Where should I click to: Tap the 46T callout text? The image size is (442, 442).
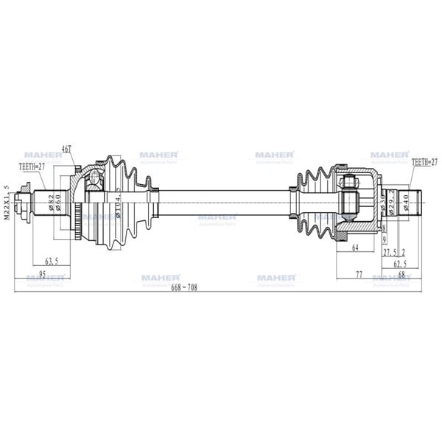tap(66, 150)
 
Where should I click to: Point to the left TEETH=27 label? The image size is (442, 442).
tap(31, 167)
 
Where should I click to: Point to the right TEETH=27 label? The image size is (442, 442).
tap(424, 161)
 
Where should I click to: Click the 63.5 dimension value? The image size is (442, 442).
tap(51, 261)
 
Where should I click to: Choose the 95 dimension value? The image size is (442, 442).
tap(42, 274)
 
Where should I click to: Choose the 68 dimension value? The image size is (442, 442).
tap(401, 274)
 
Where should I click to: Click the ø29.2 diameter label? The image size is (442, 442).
tap(393, 202)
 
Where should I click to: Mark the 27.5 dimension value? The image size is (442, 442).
tap(394, 251)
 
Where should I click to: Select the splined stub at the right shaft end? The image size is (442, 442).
tap(411, 199)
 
